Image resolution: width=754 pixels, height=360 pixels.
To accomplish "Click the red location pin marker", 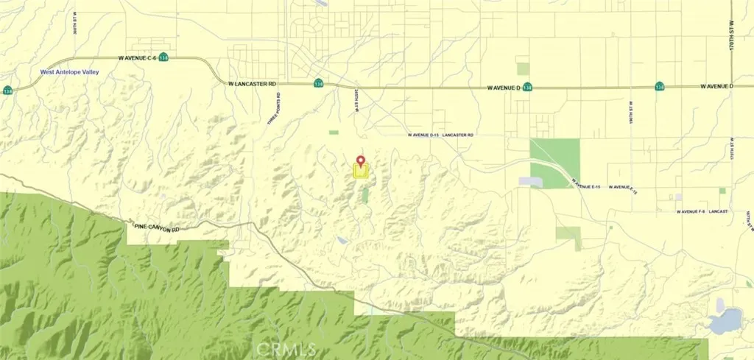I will [x=361, y=160].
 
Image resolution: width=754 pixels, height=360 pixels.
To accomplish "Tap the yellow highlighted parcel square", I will [x=361, y=172].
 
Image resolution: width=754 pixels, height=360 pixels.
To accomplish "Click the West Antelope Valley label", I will [x=69, y=72].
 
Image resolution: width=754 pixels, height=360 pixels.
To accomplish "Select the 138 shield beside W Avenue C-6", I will [x=163, y=57].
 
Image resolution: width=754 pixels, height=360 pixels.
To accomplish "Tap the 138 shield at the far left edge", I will [x=7, y=91].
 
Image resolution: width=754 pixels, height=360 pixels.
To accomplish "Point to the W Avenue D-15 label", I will [x=424, y=135].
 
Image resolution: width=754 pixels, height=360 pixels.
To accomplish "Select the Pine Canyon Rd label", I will [x=156, y=228].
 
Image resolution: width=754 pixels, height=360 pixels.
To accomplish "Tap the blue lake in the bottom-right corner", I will [x=727, y=320].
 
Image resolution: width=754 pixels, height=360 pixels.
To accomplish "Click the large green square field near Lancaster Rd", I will [x=554, y=161].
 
